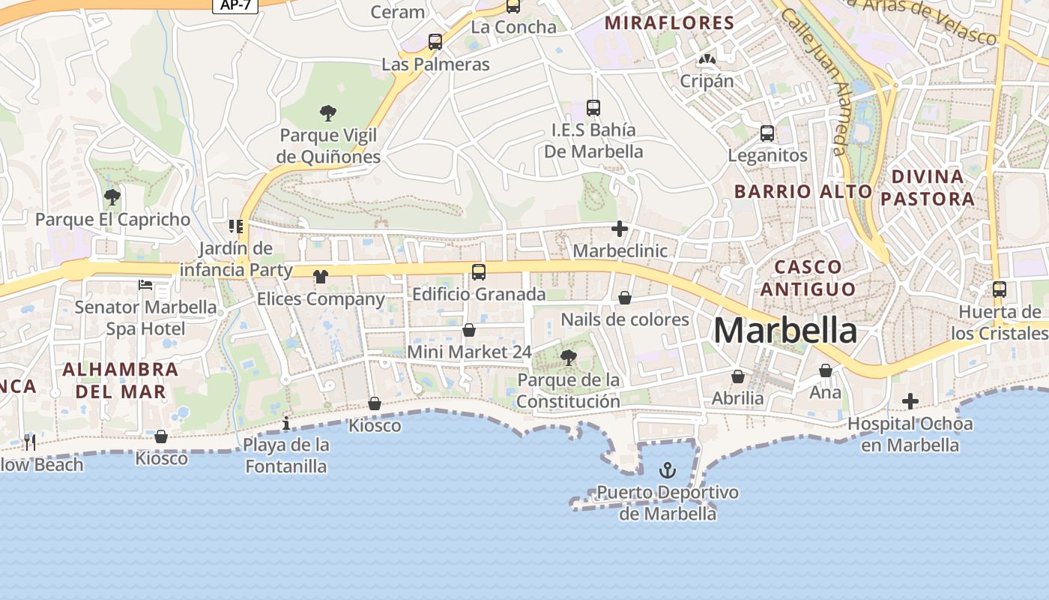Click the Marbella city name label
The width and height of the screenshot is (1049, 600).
point(785,330)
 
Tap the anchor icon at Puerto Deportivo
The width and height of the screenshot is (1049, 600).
point(667,471)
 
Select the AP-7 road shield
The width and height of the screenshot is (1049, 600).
point(236,4)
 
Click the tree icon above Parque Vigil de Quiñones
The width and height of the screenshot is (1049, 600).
point(327,114)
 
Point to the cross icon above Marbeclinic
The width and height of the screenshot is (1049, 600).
point(620,229)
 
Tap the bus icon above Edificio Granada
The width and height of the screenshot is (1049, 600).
point(479,271)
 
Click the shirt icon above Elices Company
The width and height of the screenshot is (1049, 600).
point(321,277)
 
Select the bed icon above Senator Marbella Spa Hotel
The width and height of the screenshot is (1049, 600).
point(145,285)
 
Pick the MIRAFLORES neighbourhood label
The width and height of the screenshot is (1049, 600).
point(669,22)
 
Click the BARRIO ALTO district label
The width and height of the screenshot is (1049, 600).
point(803,191)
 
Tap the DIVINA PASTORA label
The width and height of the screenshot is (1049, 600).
point(928,187)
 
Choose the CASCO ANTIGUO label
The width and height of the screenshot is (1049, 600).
point(814,277)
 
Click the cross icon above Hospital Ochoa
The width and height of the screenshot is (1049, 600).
point(910,401)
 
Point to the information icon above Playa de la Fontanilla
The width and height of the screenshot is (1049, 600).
point(286,424)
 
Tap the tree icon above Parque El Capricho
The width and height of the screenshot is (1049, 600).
point(112,197)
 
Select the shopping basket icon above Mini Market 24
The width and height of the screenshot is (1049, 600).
point(469,330)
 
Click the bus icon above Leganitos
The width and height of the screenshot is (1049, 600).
point(767,133)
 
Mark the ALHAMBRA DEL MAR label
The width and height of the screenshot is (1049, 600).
point(121,380)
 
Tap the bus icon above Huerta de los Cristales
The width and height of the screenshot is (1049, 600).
point(1000,289)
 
